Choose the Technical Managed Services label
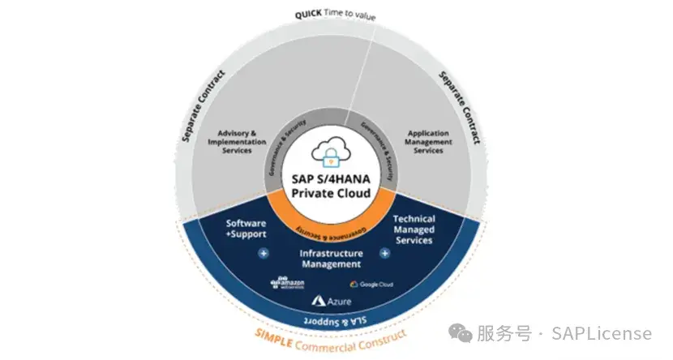point(414,229)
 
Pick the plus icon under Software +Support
point(264,254)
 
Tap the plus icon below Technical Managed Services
point(385,253)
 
